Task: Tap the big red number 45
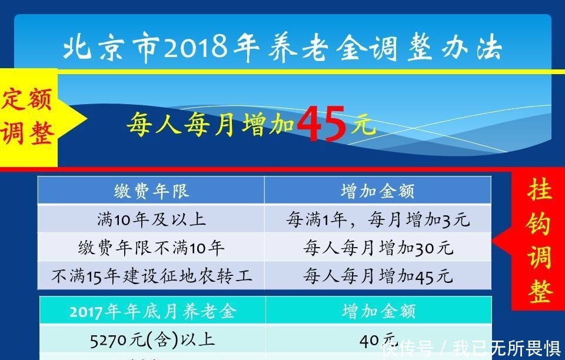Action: (x=321, y=124)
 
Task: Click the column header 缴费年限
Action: (x=151, y=191)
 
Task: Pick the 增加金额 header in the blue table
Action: (x=377, y=191)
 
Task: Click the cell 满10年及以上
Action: (x=151, y=219)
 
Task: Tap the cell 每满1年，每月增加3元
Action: (x=377, y=219)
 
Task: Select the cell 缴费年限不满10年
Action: (x=151, y=248)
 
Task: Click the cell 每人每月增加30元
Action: (x=377, y=248)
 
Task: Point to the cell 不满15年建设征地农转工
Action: (x=151, y=276)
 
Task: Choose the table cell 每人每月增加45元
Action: (x=377, y=276)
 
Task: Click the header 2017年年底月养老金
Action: (x=152, y=311)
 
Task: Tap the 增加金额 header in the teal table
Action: (x=378, y=311)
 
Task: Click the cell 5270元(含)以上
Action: (x=152, y=339)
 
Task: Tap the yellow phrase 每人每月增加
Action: (x=210, y=125)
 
